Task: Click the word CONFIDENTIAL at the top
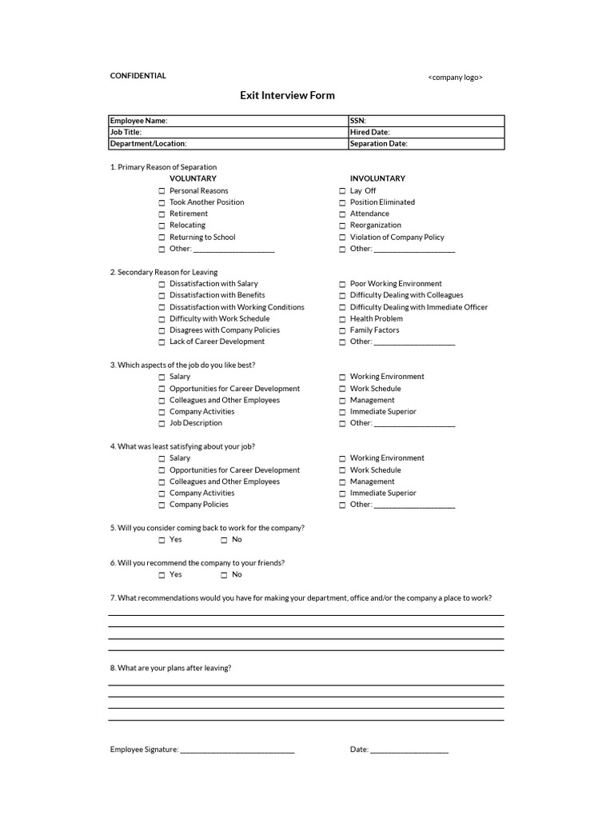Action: pos(138,76)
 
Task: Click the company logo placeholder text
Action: pos(455,78)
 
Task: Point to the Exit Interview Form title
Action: pos(287,95)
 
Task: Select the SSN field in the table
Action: pos(425,121)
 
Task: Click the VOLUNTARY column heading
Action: pos(193,178)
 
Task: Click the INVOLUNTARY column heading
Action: pos(377,178)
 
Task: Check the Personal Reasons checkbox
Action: pos(161,191)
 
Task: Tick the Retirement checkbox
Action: pos(161,214)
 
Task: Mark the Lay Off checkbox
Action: pos(342,191)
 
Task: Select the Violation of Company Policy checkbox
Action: pos(342,238)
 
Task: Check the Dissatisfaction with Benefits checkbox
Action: pos(161,296)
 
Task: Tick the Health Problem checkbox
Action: pos(342,319)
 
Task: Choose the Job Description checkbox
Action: pos(161,423)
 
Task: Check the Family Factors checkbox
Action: pos(342,330)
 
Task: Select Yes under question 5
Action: pos(161,540)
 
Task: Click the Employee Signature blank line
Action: pos(237,750)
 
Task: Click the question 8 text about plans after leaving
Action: pos(170,668)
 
